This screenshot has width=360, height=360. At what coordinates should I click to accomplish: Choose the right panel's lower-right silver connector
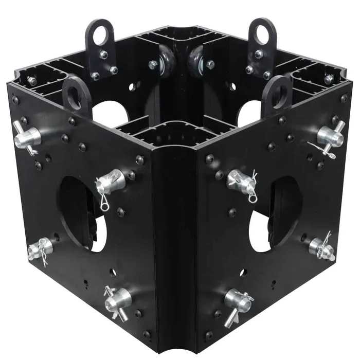(322, 247)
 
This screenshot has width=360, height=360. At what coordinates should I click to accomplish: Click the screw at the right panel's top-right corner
(344, 98)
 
